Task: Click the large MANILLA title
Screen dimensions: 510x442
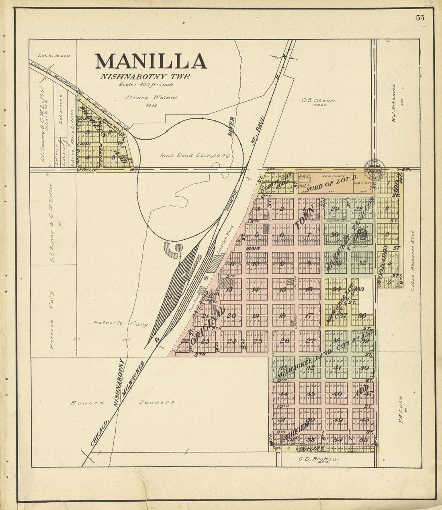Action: (x=151, y=61)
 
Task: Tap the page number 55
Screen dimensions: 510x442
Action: (x=420, y=18)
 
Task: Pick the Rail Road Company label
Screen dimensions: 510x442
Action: (x=194, y=155)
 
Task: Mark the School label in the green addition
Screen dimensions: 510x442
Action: (x=360, y=246)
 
